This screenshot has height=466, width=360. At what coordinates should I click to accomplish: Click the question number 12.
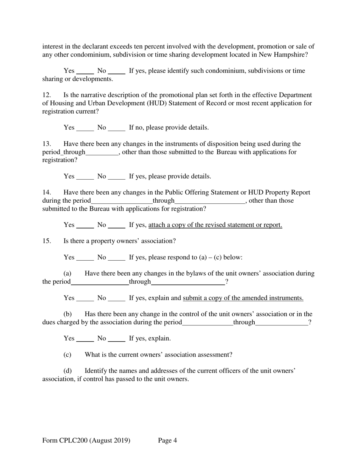point(46,95)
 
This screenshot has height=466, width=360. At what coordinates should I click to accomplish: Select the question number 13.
point(46,144)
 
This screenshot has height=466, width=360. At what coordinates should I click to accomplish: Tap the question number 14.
point(46,192)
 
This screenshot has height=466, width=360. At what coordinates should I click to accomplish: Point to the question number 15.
point(46,241)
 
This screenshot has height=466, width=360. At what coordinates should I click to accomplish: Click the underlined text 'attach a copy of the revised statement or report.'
point(215,225)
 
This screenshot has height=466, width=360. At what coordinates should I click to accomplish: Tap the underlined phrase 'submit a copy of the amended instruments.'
point(243,298)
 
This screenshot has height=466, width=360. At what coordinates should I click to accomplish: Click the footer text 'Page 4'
point(167,441)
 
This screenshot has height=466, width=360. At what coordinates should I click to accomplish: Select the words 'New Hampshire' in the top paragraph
point(282,55)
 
